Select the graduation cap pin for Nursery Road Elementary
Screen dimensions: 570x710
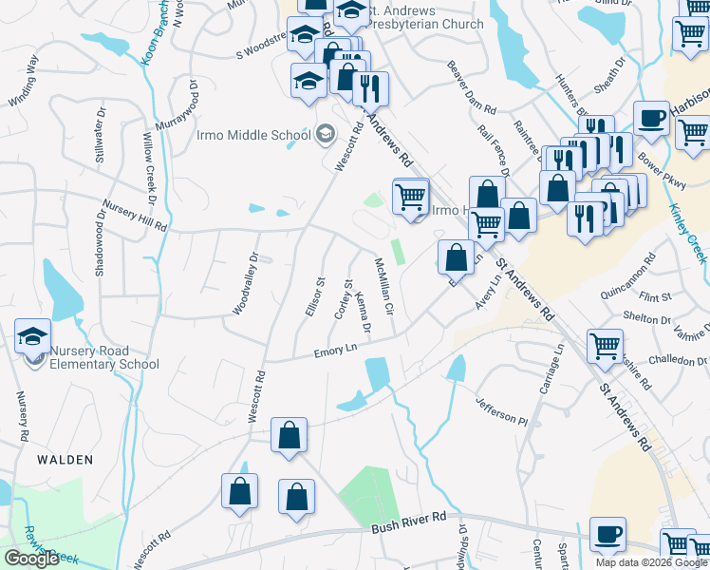(x=32, y=336)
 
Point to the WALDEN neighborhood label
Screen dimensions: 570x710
(x=65, y=460)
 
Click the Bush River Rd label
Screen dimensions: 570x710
(x=408, y=522)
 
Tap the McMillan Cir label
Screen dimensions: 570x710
(x=383, y=288)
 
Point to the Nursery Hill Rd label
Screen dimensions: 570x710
(x=134, y=216)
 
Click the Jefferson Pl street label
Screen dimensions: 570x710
(x=500, y=410)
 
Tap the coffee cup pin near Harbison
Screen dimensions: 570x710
(x=651, y=118)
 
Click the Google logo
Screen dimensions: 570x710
(x=31, y=559)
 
